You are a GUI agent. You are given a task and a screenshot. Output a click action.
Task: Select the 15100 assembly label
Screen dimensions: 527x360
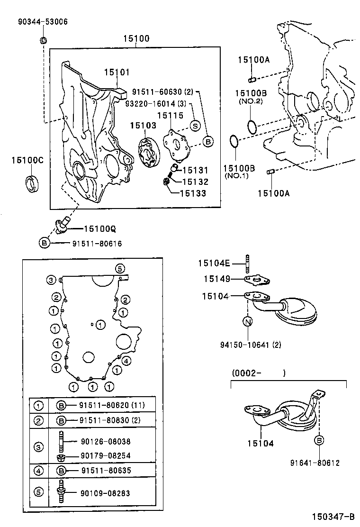[136, 38]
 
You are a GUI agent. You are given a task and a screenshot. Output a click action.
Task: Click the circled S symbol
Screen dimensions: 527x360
[195, 126]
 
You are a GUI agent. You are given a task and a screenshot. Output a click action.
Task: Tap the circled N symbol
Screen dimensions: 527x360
[247, 322]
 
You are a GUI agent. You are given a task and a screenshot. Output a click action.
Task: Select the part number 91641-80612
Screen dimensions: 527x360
[315, 463]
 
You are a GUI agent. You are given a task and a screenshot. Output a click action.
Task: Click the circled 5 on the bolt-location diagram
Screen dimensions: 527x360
[119, 268]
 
